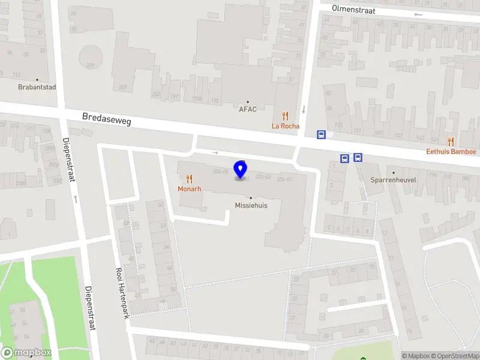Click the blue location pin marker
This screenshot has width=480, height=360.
[241, 170]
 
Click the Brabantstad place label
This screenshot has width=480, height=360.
[37, 87]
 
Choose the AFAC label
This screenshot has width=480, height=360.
[248, 110]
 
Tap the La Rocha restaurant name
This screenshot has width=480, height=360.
[286, 126]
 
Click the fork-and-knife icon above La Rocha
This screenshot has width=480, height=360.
[286, 116]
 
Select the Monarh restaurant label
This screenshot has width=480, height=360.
[189, 189]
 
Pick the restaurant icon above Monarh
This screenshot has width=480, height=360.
[189, 179]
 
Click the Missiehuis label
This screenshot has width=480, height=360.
[251, 205]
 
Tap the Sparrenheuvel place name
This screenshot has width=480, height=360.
[394, 180]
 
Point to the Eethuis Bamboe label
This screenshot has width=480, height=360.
[451, 152]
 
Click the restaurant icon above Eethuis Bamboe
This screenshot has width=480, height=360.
[451, 142]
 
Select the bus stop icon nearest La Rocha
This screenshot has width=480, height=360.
[322, 135]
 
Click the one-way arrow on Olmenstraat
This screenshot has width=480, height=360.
[418, 14]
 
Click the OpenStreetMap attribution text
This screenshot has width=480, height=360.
[456, 356]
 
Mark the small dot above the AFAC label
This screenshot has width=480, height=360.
[248, 102]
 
